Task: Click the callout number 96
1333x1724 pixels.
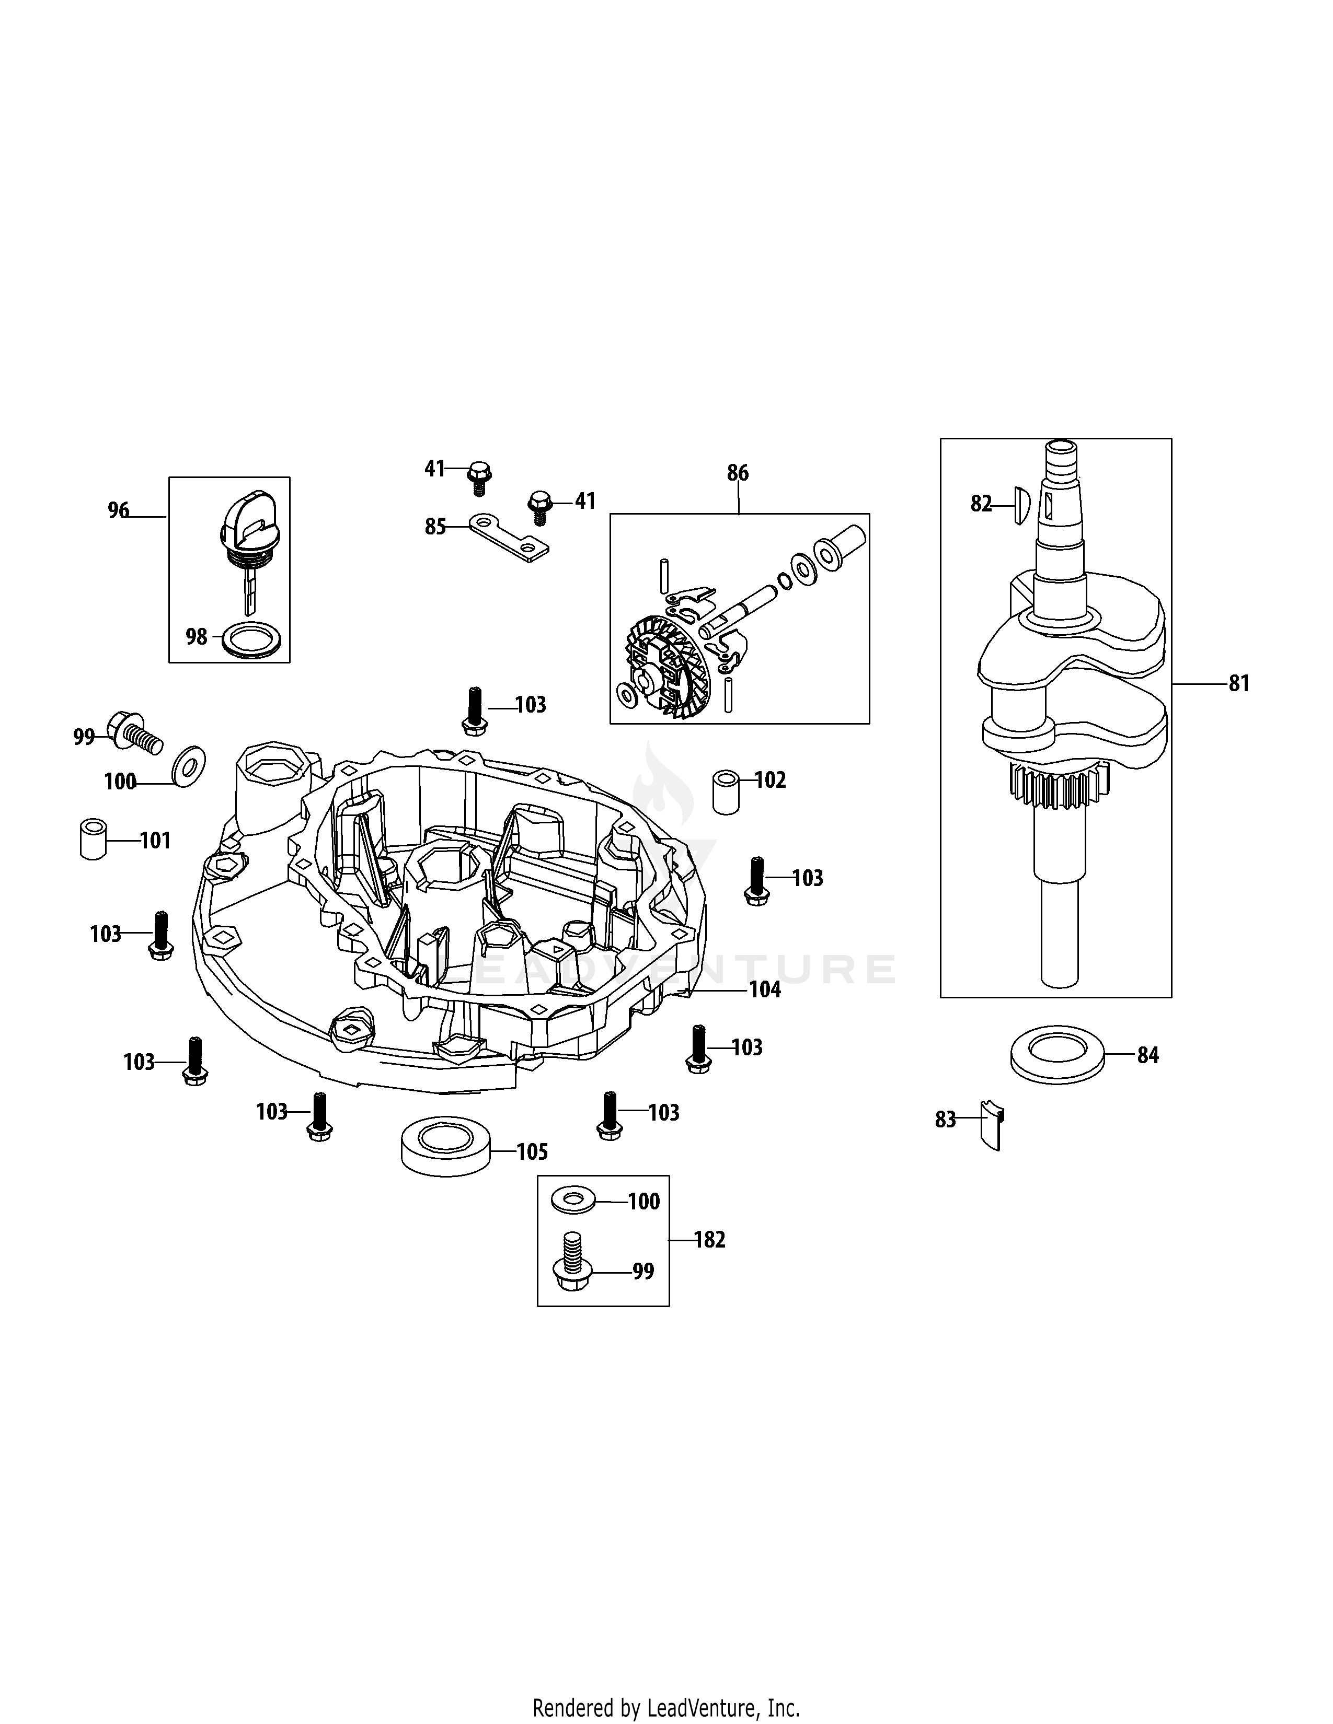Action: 119,511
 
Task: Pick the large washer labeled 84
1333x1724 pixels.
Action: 1056,1056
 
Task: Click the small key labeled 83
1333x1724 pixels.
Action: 991,1124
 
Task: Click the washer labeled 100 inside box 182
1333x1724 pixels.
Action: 572,1201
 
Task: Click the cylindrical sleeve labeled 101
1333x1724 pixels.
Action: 93,840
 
